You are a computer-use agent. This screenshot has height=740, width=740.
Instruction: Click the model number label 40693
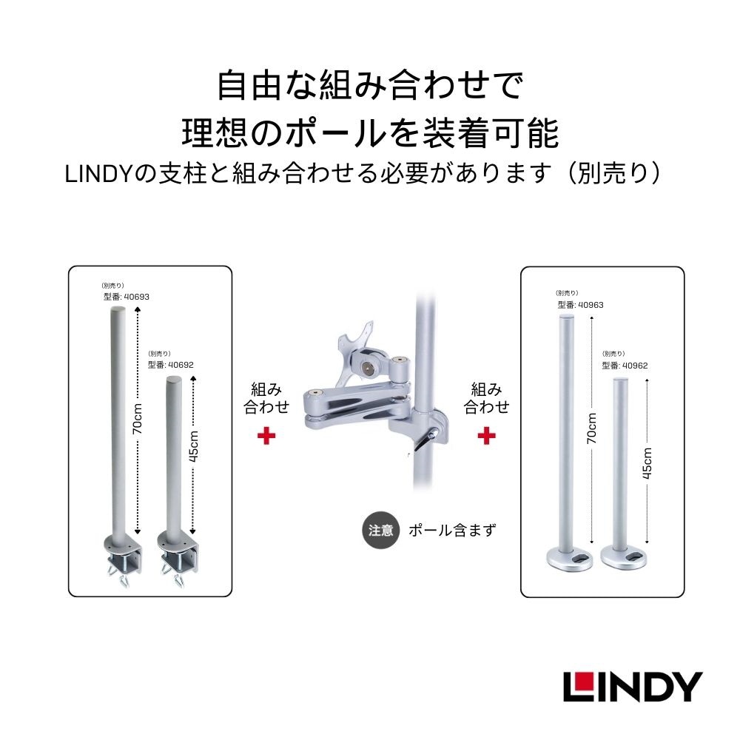(x=127, y=297)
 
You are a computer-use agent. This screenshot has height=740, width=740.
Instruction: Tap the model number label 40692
(x=170, y=364)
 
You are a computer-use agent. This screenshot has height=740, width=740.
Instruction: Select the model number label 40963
(x=581, y=304)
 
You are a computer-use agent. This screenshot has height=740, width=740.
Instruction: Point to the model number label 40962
(x=625, y=365)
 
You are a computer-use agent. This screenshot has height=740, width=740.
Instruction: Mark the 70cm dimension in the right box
(x=591, y=427)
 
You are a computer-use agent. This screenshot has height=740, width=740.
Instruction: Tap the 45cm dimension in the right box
(x=647, y=463)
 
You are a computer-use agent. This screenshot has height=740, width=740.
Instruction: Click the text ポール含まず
(x=452, y=531)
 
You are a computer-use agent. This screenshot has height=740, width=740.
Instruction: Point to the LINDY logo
(x=632, y=686)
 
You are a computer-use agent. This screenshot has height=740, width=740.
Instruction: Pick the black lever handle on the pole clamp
(x=422, y=442)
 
